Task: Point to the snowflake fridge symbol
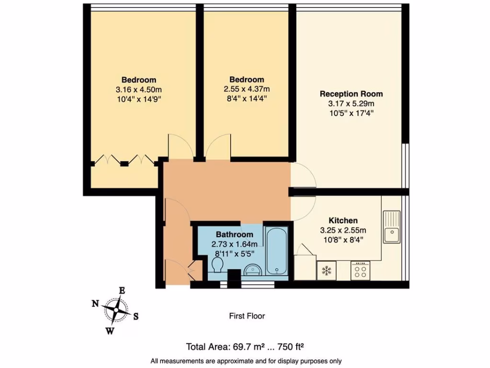[327, 271]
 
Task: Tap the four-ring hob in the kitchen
[361, 272]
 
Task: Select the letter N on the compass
[95, 303]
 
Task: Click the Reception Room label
[351, 94]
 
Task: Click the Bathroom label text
[234, 234]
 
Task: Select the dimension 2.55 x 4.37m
[246, 89]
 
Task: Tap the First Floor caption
[246, 316]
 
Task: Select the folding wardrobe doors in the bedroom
[124, 160]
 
